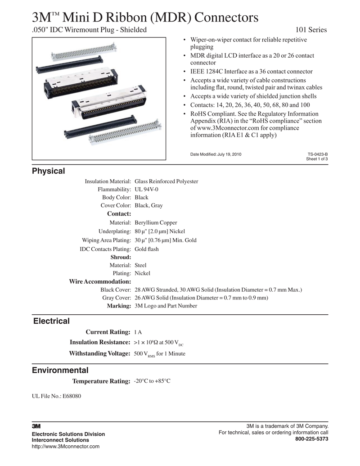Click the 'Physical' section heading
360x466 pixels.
pos(48,171)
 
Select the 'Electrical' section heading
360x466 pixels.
pos(51,321)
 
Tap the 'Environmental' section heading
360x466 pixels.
pos(60,371)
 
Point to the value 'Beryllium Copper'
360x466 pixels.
pos(156,223)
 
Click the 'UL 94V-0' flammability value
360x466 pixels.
pos(146,190)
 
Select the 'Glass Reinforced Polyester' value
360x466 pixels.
pos(166,181)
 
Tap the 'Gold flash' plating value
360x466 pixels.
pos(147,249)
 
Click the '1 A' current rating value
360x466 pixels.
pos(138,332)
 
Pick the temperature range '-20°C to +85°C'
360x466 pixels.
pos(152,381)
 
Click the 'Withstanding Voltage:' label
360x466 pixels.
pos(99,353)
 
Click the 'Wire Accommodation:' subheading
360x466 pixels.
pos(100,281)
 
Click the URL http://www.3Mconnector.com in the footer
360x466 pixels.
pos(65,446)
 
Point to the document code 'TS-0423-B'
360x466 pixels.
pos(317,154)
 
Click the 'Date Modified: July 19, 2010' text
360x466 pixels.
pos(216,154)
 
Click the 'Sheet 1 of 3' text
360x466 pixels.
pos(317,159)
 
